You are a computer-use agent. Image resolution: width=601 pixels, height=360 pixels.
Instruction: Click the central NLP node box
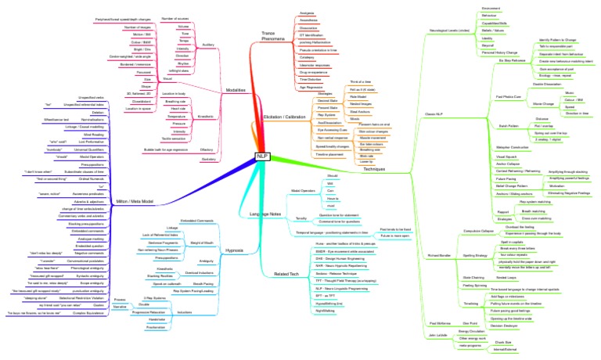click(x=262, y=157)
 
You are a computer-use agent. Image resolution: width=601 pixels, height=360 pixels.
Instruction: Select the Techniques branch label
click(x=374, y=169)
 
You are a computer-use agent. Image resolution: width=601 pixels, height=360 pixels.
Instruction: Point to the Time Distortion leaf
click(x=311, y=80)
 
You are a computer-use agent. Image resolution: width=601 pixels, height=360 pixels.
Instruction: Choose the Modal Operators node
click(x=281, y=190)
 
